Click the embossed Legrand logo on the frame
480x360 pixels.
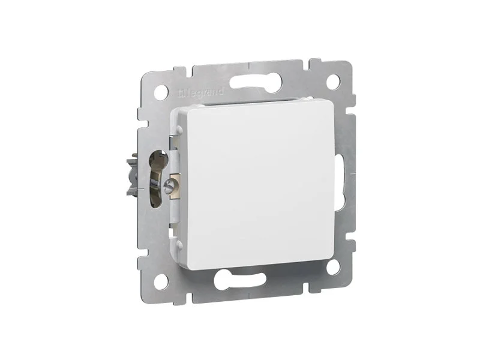pos(201,92)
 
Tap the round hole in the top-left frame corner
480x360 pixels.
pos(161,92)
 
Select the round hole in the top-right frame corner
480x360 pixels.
pos(333,82)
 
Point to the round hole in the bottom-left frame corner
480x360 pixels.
pos(161,281)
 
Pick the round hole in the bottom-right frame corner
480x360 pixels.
pos(333,267)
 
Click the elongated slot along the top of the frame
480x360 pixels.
pos(256,81)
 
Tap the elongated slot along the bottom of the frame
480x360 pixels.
pos(239,280)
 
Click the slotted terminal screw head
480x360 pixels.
pos(168,186)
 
